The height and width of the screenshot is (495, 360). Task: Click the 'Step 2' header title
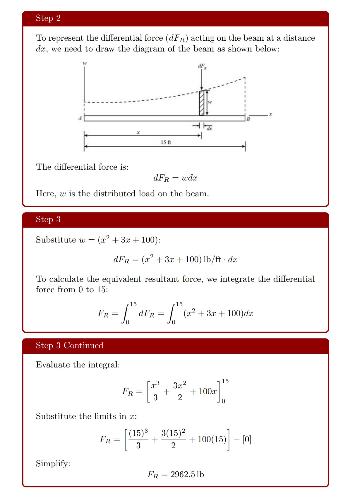click(x=48, y=18)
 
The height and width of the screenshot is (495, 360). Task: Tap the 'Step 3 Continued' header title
click(x=69, y=345)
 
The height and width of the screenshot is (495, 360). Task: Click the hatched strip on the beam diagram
click(x=202, y=103)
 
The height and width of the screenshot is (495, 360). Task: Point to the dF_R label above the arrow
click(x=202, y=66)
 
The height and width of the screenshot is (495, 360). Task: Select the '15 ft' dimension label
click(x=166, y=142)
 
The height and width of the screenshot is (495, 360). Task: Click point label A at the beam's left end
click(x=80, y=118)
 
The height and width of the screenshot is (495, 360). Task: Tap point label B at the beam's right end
click(x=248, y=119)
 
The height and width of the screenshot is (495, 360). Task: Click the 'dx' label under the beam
click(x=209, y=128)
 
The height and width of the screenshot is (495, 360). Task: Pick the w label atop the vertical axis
click(x=85, y=63)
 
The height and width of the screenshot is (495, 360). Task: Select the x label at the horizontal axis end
click(x=270, y=114)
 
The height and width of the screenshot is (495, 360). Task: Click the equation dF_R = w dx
click(x=175, y=178)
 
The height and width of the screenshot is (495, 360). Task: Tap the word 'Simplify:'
click(x=53, y=463)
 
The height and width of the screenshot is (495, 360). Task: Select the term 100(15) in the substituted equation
click(x=212, y=439)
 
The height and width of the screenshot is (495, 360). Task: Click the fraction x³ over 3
click(x=155, y=391)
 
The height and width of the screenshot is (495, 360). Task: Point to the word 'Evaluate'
click(x=53, y=365)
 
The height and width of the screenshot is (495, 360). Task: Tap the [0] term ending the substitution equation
click(x=247, y=439)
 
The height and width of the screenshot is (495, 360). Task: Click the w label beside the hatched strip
click(x=210, y=102)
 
